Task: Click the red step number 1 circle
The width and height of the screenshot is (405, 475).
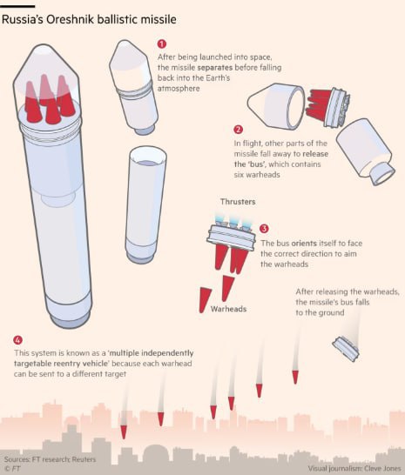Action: [x=162, y=43]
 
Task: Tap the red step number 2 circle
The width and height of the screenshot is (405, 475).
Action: [x=238, y=130]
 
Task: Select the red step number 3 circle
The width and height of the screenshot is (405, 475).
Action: [x=264, y=229]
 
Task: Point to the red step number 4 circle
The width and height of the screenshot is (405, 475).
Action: [x=18, y=340]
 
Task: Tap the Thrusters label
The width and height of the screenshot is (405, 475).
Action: [x=238, y=202]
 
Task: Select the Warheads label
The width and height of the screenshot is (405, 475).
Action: [x=228, y=309]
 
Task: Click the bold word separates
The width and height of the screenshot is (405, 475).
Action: [x=215, y=67]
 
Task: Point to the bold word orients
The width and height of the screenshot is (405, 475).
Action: [x=304, y=244]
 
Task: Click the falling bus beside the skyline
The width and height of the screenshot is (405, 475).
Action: [x=346, y=349]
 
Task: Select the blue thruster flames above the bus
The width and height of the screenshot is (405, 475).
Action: [x=233, y=221]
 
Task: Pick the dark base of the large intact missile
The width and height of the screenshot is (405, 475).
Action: [x=70, y=319]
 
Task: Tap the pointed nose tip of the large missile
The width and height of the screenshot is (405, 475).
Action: [x=44, y=46]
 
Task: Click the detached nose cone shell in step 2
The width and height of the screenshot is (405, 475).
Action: [x=276, y=106]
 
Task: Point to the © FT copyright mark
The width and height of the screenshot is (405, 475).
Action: [x=12, y=468]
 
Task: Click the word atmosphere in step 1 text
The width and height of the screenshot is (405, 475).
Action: [x=179, y=89]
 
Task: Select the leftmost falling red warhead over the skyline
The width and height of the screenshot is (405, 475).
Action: [x=124, y=432]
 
